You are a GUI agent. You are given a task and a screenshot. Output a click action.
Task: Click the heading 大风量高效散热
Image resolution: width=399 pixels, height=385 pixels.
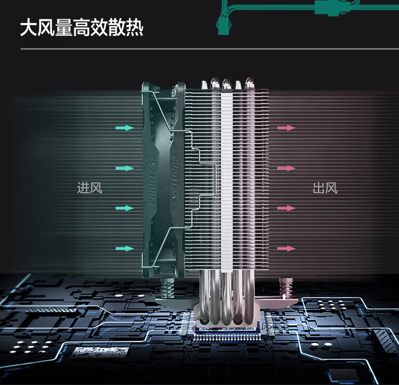pyautogui.click(x=81, y=28)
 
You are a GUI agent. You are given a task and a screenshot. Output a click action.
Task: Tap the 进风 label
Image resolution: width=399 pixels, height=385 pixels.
pyautogui.click(x=89, y=188)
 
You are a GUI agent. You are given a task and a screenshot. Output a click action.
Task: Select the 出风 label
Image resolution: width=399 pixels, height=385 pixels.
pyautogui.click(x=325, y=188)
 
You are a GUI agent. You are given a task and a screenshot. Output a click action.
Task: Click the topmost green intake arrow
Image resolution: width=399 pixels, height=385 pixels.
pyautogui.click(x=125, y=128)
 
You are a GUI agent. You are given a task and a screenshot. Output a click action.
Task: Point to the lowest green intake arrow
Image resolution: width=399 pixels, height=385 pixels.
pyautogui.click(x=125, y=248)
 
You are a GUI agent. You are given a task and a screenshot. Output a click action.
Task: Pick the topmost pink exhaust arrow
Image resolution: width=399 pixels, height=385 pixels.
pyautogui.click(x=286, y=128)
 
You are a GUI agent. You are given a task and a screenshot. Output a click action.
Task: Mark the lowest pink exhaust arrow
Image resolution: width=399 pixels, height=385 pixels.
pyautogui.click(x=286, y=248)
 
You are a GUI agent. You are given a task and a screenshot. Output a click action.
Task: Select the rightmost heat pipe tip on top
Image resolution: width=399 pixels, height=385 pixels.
pyautogui.click(x=250, y=83)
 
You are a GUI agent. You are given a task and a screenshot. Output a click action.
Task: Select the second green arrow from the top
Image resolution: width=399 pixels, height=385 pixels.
pyautogui.click(x=125, y=168)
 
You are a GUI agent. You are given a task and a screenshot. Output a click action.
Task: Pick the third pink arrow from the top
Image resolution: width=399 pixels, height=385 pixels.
pyautogui.click(x=286, y=208)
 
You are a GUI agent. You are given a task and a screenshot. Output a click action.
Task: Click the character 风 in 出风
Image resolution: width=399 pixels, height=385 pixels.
pyautogui.click(x=331, y=188)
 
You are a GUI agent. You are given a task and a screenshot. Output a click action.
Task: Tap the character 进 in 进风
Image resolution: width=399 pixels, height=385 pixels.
pyautogui.click(x=83, y=188)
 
